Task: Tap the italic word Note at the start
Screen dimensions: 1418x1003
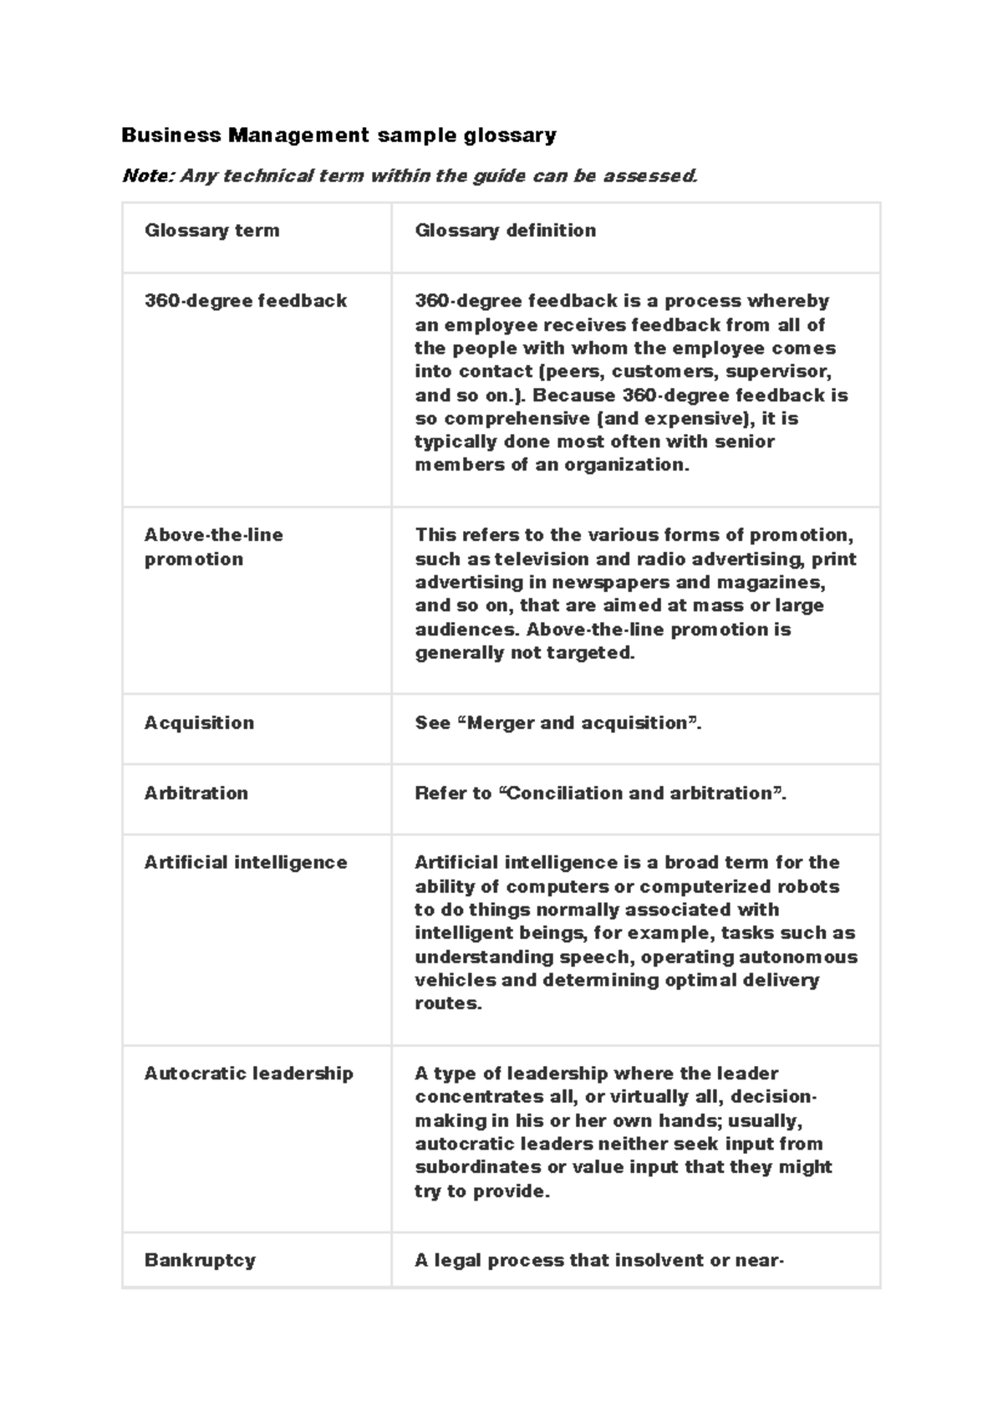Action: pos(148,176)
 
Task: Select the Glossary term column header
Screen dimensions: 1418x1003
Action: pos(211,230)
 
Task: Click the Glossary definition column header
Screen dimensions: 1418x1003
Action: pos(505,230)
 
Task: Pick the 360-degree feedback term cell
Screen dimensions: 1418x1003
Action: pos(245,301)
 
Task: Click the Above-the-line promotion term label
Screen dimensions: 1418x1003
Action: pos(213,547)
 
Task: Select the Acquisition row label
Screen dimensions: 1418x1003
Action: pos(199,722)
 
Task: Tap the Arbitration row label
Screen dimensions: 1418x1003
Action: pos(196,793)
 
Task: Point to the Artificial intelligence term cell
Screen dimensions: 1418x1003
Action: pos(245,862)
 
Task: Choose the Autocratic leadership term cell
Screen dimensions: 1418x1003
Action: pos(248,1073)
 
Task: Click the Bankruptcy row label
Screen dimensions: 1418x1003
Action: pos(199,1260)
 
